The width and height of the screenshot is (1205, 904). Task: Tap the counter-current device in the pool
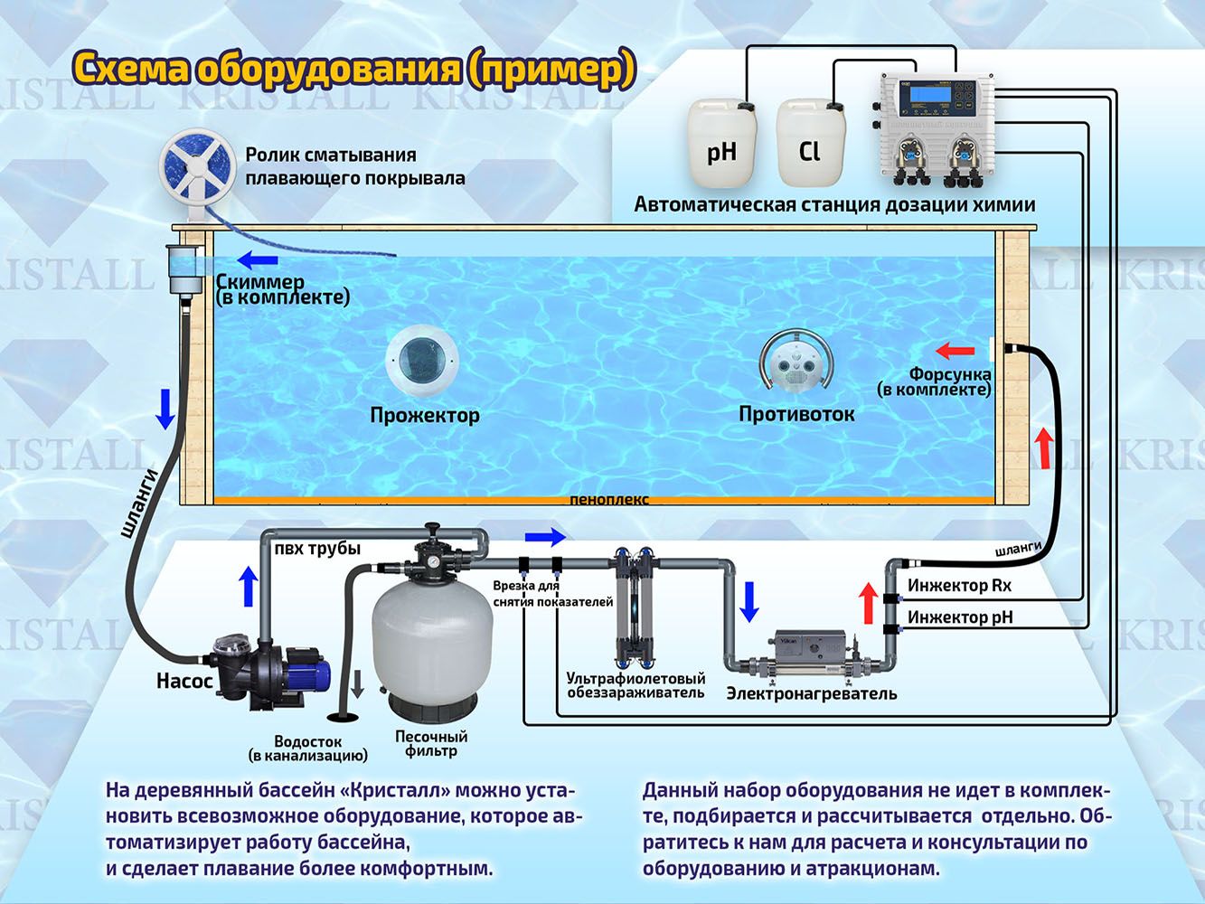click(795, 366)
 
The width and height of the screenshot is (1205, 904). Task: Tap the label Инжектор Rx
click(959, 586)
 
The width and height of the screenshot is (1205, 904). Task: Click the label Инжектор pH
click(960, 617)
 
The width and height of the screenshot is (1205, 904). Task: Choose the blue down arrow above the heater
click(748, 602)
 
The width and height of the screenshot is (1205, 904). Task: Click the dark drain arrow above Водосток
click(357, 684)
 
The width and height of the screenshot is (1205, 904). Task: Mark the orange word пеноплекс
click(608, 500)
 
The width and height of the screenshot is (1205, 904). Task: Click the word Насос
click(184, 680)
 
